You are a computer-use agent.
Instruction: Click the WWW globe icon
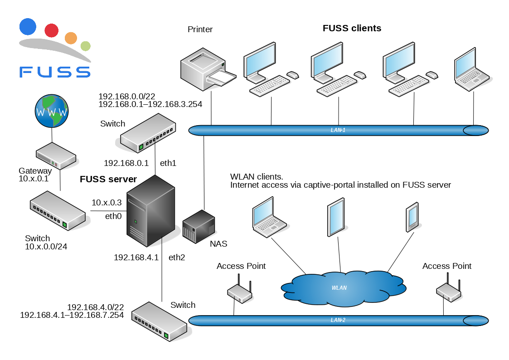coord(52,111)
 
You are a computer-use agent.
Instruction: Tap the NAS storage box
coord(199,225)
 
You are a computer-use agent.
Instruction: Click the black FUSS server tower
coord(151,209)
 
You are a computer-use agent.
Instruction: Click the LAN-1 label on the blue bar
coord(338,130)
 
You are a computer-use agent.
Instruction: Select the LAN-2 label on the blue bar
coord(338,320)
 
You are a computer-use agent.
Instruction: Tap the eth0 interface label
coord(113,216)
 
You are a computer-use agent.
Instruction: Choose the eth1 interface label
coord(169,163)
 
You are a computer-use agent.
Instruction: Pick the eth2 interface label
coord(177,258)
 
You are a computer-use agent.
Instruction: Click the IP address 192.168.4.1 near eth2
coord(136,258)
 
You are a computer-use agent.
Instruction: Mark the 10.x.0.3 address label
coord(107,203)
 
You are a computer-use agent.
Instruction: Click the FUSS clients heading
coord(352,28)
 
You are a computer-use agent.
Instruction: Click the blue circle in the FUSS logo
coord(28,27)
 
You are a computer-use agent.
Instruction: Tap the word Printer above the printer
coord(200,29)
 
